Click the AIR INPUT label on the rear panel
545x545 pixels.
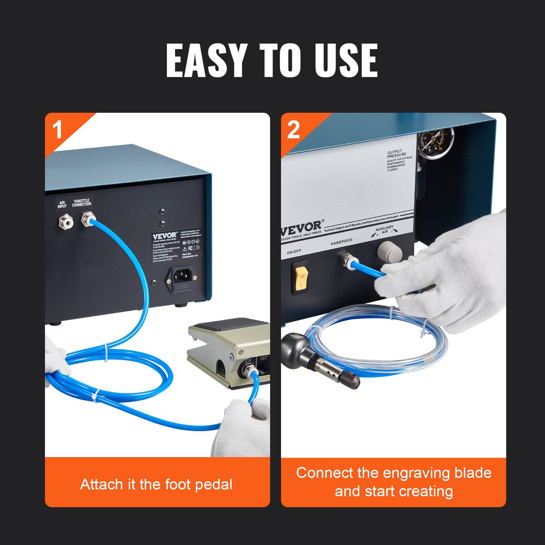[62, 204]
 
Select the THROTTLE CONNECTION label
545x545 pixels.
[82, 203]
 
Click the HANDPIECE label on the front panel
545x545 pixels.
[342, 242]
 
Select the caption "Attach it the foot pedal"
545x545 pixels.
[156, 484]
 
